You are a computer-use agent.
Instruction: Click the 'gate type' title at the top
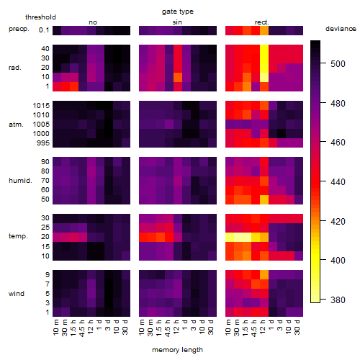click(x=178, y=12)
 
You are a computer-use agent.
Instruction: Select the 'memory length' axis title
click(x=177, y=350)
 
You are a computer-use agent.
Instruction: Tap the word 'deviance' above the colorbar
click(x=341, y=29)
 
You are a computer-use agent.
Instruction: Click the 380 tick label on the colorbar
click(x=338, y=300)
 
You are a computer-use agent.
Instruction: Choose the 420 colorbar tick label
click(x=338, y=221)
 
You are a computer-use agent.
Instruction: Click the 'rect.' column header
click(x=262, y=22)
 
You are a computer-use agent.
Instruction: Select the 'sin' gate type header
click(x=177, y=22)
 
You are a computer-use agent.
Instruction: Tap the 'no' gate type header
click(x=93, y=22)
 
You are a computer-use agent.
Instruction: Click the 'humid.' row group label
click(x=20, y=181)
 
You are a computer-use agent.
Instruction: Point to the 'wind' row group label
click(x=17, y=294)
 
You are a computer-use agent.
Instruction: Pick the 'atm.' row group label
click(x=16, y=125)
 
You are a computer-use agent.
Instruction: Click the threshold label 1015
click(x=41, y=106)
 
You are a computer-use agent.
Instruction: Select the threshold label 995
click(x=43, y=143)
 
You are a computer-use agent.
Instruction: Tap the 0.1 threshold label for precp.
click(x=44, y=30)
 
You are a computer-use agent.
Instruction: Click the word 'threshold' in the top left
click(x=40, y=17)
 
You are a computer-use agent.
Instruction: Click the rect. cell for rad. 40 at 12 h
click(x=264, y=49)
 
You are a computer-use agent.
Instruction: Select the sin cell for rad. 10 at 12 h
click(x=178, y=77)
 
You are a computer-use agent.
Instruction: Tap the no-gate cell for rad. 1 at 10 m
click(x=57, y=86)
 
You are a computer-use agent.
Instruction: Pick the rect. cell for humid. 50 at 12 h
click(x=264, y=199)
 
